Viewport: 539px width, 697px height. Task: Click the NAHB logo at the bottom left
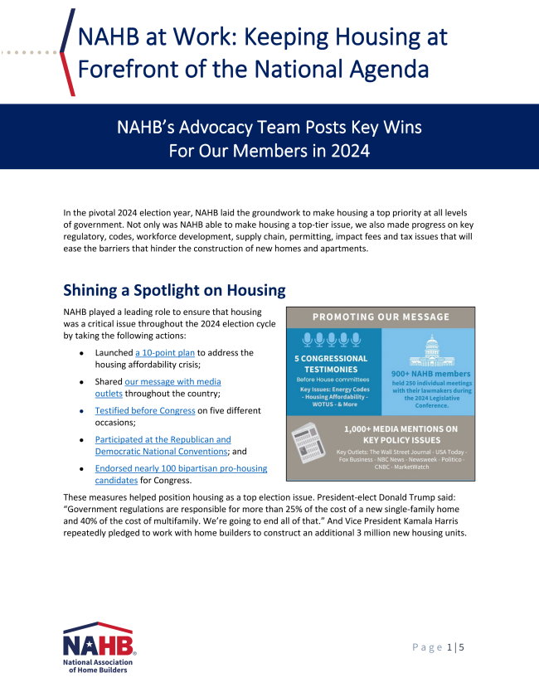click(99, 647)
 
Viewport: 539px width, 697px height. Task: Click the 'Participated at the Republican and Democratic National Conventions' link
click(163, 439)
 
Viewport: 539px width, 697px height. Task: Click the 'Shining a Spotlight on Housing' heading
click(174, 290)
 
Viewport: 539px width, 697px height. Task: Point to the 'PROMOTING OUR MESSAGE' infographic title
click(381, 317)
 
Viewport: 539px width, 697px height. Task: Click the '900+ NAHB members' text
click(430, 373)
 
